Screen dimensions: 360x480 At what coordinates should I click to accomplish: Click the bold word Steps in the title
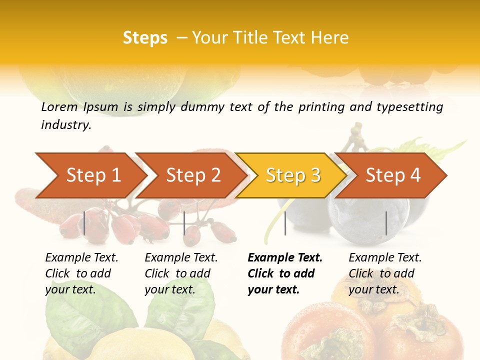point(145,37)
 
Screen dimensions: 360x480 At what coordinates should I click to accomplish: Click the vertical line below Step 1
point(84,223)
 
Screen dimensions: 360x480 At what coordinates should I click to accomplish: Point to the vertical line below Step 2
point(184,223)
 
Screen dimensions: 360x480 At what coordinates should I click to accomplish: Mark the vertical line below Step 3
point(285,223)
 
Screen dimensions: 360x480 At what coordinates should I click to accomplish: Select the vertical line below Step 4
point(386,223)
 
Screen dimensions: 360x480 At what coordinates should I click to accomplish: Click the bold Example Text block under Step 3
point(284,273)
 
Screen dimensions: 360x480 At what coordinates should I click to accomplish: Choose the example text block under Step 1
point(81,273)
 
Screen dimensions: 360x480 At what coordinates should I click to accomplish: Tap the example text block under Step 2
point(181,273)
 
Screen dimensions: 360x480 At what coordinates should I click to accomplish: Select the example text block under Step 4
point(385,273)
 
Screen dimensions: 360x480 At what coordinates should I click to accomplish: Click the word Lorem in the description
point(59,106)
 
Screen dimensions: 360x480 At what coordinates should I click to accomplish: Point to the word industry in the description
point(66,125)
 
